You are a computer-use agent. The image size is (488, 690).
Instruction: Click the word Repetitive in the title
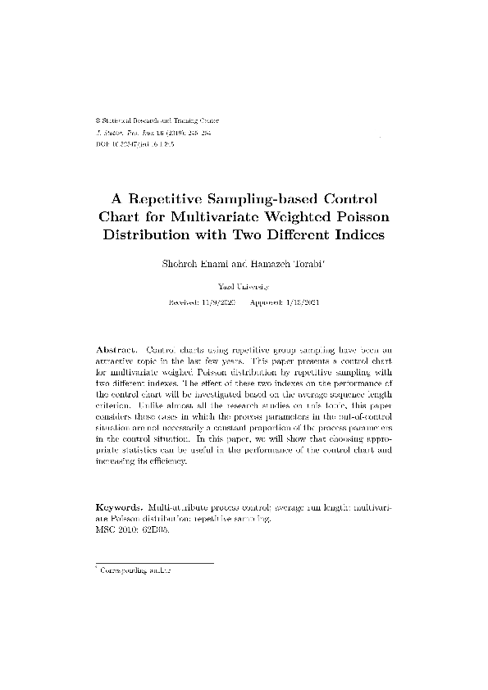pos(166,199)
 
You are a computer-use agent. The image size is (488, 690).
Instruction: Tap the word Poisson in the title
pos(362,217)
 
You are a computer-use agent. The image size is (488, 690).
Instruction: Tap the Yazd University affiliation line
pos(244,287)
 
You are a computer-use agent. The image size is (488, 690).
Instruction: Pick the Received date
pos(202,302)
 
